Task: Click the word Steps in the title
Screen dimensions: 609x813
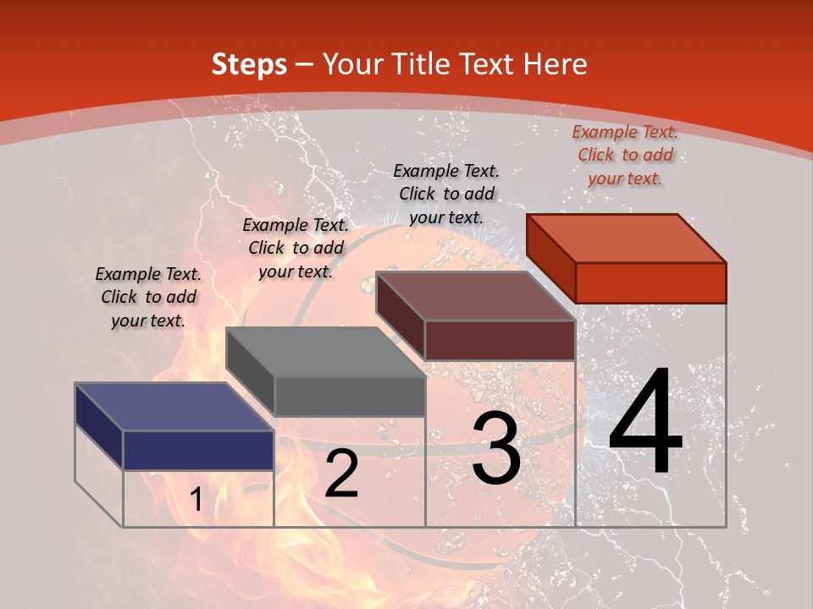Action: point(249,64)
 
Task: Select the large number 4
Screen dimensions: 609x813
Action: point(645,423)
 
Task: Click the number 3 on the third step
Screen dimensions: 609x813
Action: point(496,448)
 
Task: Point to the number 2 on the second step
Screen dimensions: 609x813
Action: point(341,474)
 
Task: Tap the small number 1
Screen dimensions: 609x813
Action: point(196,500)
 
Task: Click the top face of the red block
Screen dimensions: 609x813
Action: point(626,239)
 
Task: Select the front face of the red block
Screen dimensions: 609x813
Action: point(650,283)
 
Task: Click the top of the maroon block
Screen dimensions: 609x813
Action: point(475,296)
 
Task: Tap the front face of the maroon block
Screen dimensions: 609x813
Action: point(500,340)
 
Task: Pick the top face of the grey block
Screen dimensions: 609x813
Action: point(324,352)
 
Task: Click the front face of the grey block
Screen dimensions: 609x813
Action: point(349,396)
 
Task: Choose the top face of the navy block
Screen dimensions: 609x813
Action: point(174,407)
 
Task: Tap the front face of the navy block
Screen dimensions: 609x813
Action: point(198,450)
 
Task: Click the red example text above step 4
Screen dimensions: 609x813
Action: point(625,155)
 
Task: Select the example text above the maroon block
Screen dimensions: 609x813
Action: point(446,194)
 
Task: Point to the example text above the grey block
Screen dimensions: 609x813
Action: point(296,248)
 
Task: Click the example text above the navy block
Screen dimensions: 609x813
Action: point(148,297)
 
